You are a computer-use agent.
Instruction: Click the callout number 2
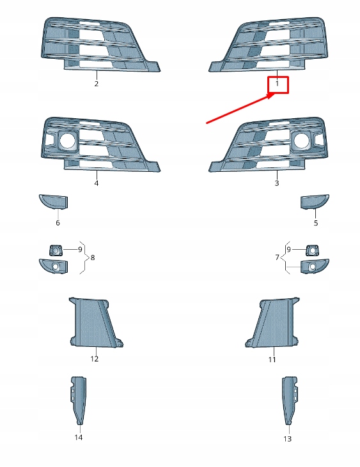click(x=97, y=84)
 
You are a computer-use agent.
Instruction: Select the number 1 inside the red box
click(x=277, y=84)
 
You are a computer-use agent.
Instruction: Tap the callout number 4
click(x=97, y=183)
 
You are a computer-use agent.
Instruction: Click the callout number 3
click(x=277, y=183)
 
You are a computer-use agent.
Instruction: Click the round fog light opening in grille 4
click(x=67, y=141)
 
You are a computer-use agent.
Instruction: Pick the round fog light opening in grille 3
click(x=302, y=141)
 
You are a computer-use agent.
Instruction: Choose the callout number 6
click(x=58, y=223)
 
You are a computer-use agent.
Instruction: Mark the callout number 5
click(x=316, y=223)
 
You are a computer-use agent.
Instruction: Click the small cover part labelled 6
click(x=54, y=201)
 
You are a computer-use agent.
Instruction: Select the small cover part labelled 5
click(x=315, y=202)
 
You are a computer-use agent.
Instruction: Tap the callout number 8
click(x=93, y=257)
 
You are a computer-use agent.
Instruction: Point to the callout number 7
click(x=277, y=257)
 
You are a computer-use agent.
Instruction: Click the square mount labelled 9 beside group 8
click(x=56, y=250)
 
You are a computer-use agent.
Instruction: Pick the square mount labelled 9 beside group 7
click(x=312, y=250)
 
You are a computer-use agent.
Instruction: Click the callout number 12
click(x=94, y=359)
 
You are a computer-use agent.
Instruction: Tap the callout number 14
click(x=79, y=438)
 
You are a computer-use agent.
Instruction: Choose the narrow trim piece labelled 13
click(x=290, y=401)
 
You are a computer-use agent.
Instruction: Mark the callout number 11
click(x=272, y=360)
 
